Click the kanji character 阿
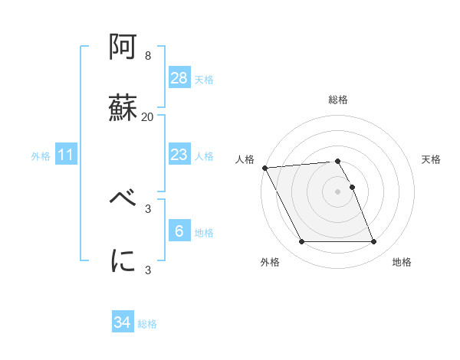point(123,48)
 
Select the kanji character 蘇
point(123,107)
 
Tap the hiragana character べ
point(123,200)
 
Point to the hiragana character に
point(123,260)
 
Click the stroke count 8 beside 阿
point(148,56)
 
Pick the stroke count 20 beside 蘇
point(148,116)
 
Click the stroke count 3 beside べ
point(148,208)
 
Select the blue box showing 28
point(179,78)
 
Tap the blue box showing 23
point(179,155)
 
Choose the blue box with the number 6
point(179,231)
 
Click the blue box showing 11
point(66,155)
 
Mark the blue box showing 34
point(123,322)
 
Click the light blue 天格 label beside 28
point(204,80)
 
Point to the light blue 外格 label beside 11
point(41,156)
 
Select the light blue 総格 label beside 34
point(147,324)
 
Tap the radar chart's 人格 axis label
point(245,159)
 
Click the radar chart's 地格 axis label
point(402,262)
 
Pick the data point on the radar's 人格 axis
point(264,168)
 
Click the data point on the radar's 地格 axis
point(374,242)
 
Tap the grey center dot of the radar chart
point(337,191)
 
